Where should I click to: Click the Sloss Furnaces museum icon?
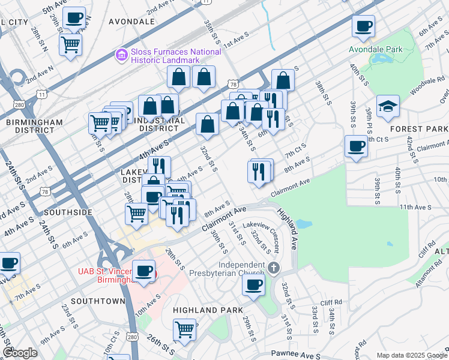point(122,55)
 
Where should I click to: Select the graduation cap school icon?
point(388,106)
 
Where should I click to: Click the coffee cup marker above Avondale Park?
point(363,27)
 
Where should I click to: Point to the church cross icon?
point(274,267)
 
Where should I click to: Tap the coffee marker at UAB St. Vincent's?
point(143,272)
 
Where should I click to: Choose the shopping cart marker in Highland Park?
point(185,329)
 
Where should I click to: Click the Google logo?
point(20,353)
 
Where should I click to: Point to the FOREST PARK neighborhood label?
point(418,129)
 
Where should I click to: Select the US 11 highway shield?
point(41,94)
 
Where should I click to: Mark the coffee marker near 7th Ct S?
point(356,147)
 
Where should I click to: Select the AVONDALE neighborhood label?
point(131,21)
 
